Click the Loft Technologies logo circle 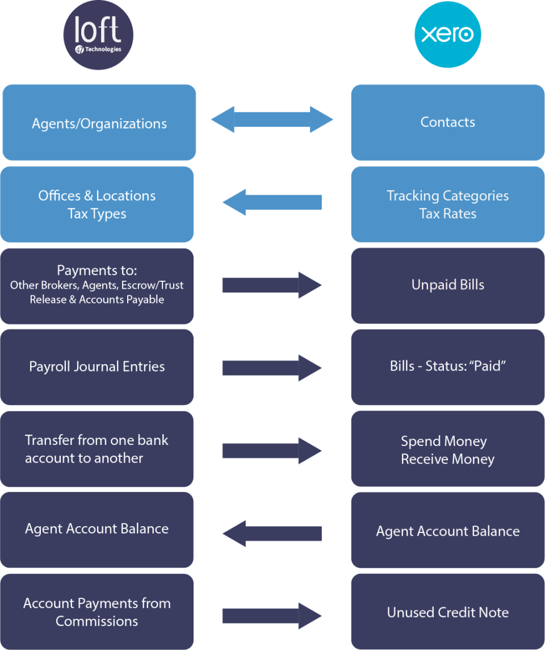coord(98,35)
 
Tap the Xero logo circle coord(447,35)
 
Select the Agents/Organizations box coord(99,123)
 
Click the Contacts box coord(447,122)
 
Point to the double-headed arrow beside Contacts coord(272,120)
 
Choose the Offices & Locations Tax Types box coord(97,205)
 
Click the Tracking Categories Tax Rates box coord(447,205)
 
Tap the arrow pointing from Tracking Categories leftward coord(271,202)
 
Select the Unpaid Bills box coord(447,285)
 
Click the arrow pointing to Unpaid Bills coord(271,285)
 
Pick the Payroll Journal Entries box coord(97,366)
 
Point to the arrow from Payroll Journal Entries coord(271,368)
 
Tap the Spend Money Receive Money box coord(447,450)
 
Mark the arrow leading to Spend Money coord(271,451)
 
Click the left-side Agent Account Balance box coord(97,529)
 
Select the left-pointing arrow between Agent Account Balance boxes coord(271,534)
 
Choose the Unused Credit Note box coord(447,612)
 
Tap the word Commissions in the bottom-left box coord(97,622)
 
